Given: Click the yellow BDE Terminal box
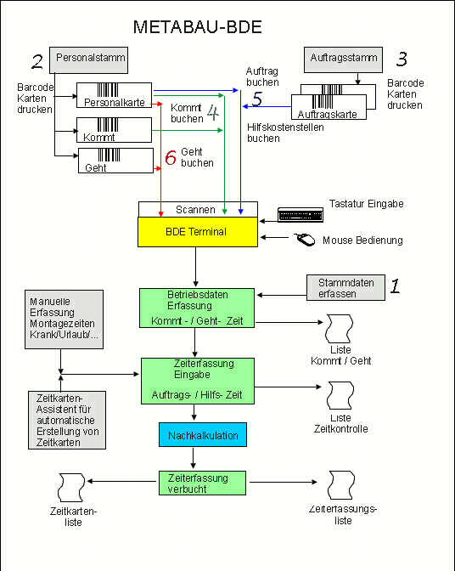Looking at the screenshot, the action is coord(198,232).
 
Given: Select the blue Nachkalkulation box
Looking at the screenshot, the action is coord(203,435).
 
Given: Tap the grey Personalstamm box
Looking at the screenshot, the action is coord(89,60).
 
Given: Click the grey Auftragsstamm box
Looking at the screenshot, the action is coord(343,59).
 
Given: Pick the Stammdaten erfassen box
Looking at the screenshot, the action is coord(345,288).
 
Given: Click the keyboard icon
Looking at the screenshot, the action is coord(301,215).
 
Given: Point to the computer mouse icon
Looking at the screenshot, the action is coord(305,240).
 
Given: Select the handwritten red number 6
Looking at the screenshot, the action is coord(171,157).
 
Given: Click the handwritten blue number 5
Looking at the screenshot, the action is coord(257,99).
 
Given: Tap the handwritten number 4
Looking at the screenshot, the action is coord(213,112).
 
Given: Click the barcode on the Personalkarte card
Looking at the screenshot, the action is coord(108,89).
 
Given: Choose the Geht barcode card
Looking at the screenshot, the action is coord(115,161).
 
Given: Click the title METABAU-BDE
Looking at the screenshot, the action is coord(198,27).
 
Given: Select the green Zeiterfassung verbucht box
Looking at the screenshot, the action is coord(202,483).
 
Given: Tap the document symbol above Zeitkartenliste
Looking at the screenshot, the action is coord(71,487).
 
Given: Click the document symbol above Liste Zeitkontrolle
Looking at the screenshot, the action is coord(340,395).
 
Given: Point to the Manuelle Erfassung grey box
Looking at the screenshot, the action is coord(64,319).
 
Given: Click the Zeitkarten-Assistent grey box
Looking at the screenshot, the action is coord(67,420).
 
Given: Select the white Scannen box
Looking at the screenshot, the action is coord(199,209).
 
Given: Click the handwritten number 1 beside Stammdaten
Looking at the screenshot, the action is coord(395,285).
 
